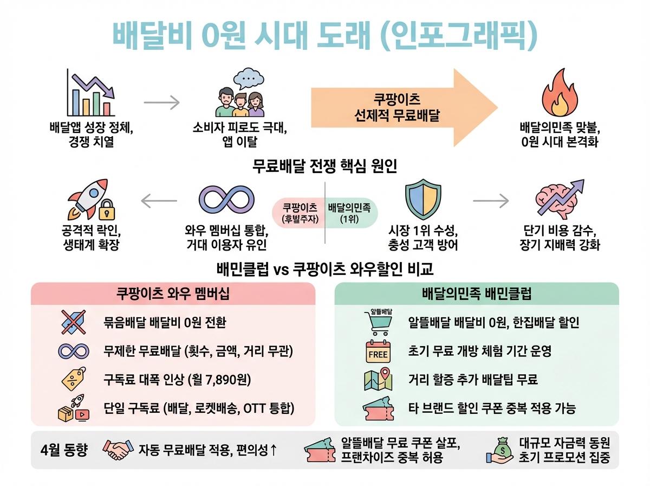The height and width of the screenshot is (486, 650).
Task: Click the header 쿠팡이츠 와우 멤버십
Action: click(x=173, y=294)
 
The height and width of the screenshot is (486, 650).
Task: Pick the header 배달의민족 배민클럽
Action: click(x=477, y=294)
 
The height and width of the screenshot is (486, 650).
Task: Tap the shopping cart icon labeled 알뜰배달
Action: click(x=378, y=322)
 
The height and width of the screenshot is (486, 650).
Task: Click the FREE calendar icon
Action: click(x=378, y=351)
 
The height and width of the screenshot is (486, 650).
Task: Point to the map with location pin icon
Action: click(x=378, y=379)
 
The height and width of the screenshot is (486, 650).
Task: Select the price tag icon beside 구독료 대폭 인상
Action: click(x=73, y=379)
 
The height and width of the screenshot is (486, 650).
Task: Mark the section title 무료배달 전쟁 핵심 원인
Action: click(x=325, y=165)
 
